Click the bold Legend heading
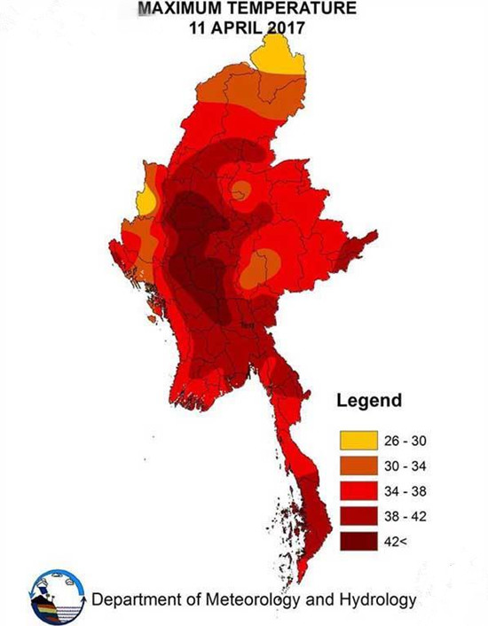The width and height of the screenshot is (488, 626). (x=368, y=401)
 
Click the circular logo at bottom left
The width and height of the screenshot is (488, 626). (x=57, y=599)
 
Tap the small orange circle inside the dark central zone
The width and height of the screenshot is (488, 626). (x=240, y=190)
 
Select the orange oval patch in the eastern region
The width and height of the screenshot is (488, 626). (x=260, y=268)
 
